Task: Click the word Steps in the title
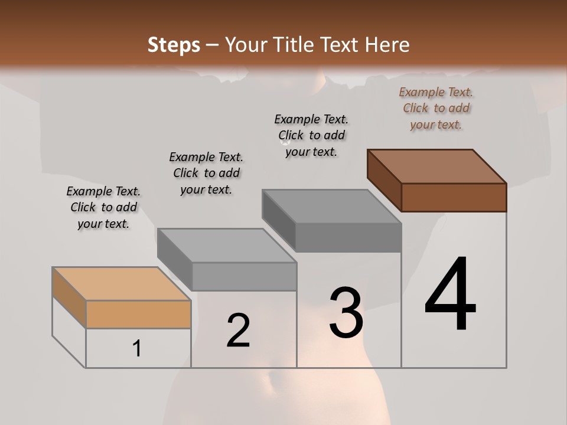pos(174,45)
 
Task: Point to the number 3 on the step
pos(346,313)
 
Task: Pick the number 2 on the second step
pos(238,331)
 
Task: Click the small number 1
pos(137,348)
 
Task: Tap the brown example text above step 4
pos(436,108)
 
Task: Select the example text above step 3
pos(311,135)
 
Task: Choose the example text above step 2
pos(206,173)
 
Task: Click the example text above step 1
pos(103,207)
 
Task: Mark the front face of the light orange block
pos(138,314)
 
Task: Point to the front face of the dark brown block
pos(454,197)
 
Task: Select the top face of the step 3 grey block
pos(332,207)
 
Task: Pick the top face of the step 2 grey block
pos(227,246)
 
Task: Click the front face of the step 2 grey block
pos(244,276)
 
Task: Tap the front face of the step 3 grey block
pos(348,238)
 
